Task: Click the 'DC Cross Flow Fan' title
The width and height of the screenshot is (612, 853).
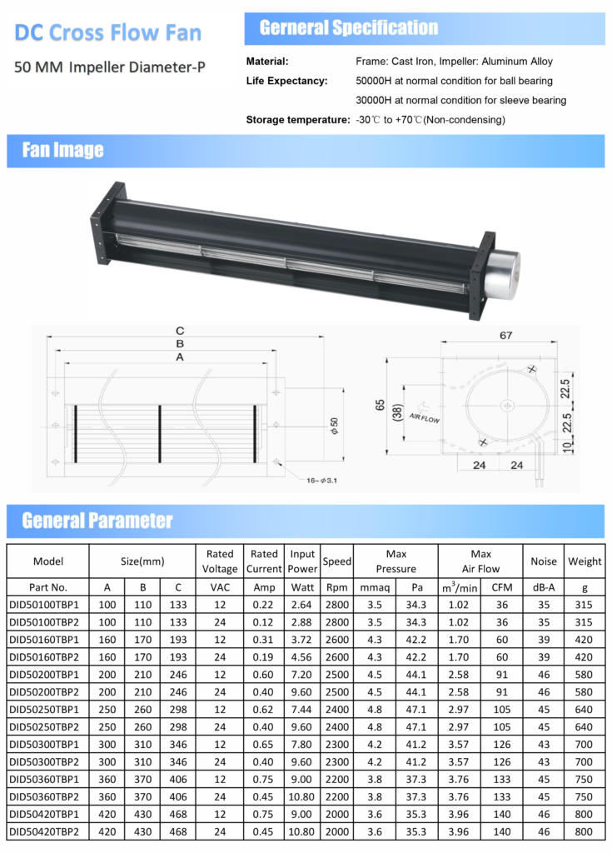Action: pos(107,32)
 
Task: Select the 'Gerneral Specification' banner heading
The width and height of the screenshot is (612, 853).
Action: pos(349,27)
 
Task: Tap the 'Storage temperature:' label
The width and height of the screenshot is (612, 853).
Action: pos(297,120)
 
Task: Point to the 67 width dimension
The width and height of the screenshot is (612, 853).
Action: pos(506,335)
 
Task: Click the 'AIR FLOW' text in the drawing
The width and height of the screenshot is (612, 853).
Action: pos(425,418)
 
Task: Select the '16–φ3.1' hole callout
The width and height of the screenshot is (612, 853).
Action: pos(321,481)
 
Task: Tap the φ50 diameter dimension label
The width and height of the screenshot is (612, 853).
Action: pos(334,426)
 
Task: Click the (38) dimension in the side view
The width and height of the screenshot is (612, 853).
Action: pos(398,413)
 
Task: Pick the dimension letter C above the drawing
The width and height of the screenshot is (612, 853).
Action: pos(180,331)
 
